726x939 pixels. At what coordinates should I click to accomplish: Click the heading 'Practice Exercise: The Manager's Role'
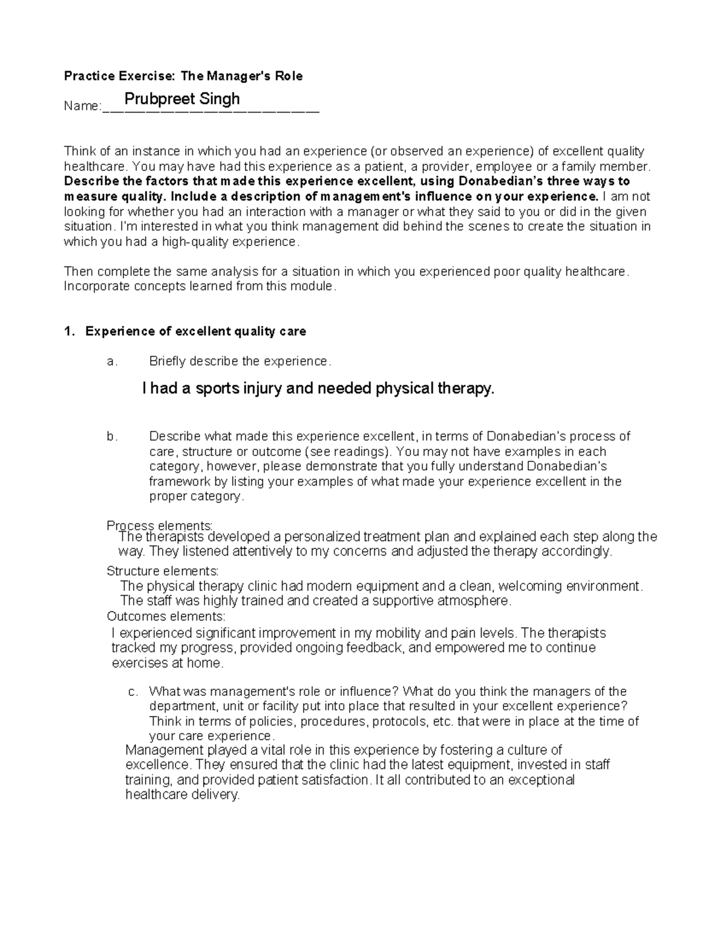pos(183,76)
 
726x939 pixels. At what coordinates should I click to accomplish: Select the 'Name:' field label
pos(82,106)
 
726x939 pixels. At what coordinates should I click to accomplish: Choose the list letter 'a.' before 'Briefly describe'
pos(111,362)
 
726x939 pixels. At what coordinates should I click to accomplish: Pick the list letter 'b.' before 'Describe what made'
pos(111,437)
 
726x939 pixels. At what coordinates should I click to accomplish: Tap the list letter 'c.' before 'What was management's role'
pos(134,691)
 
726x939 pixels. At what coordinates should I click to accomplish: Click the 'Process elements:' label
pos(160,525)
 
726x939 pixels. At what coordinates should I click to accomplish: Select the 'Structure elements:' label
pos(163,571)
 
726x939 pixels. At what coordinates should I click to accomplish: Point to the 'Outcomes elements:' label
pos(166,616)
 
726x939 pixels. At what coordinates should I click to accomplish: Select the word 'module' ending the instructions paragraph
pos(315,287)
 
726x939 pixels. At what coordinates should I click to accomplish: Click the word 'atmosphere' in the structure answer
pos(480,601)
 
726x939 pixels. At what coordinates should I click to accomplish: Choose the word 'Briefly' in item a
pos(168,362)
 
